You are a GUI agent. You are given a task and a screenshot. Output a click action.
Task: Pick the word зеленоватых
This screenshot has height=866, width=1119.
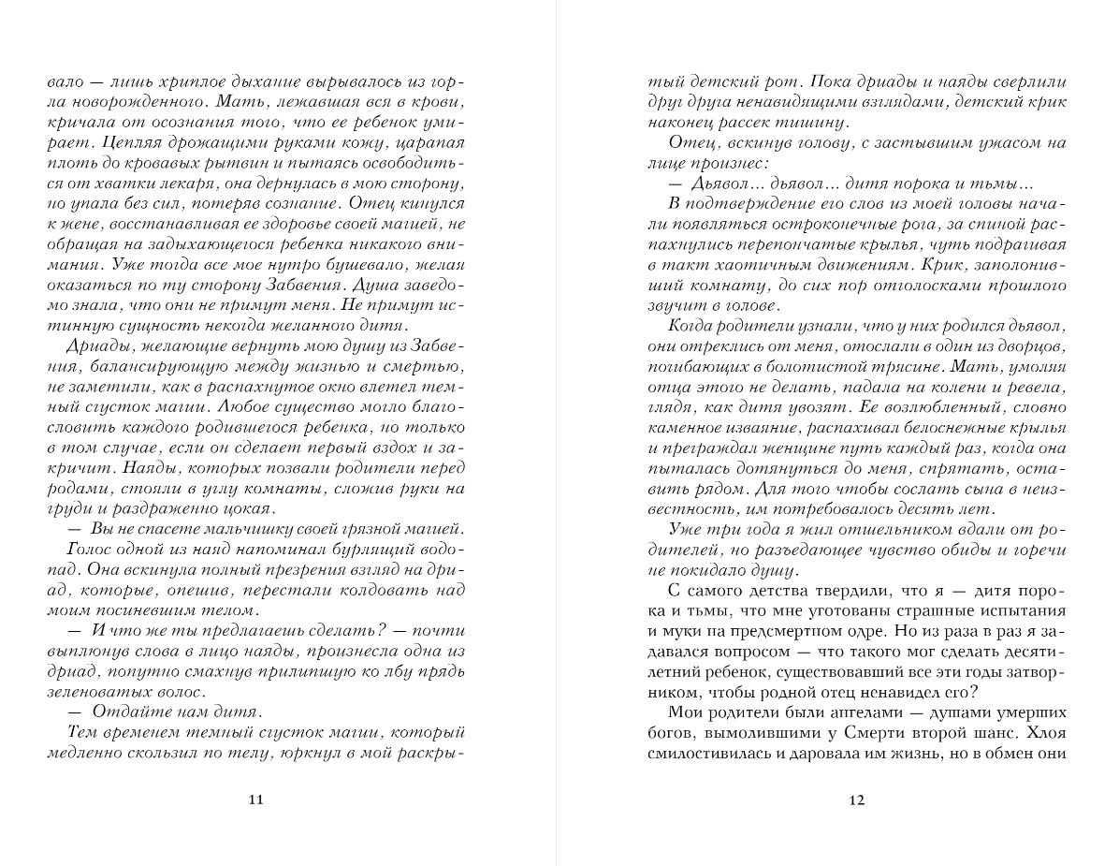(89, 692)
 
